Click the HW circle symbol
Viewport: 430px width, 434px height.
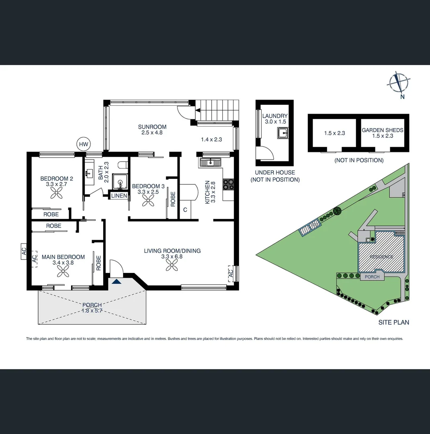point(83,144)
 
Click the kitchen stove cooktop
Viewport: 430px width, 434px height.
point(228,184)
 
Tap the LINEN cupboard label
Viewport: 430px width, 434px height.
point(119,196)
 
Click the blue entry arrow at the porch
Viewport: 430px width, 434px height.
point(117,281)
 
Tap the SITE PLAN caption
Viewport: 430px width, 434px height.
point(394,322)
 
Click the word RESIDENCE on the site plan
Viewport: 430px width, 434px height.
point(381,257)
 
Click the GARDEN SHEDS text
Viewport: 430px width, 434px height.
point(383,130)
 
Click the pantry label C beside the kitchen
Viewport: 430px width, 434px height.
point(185,210)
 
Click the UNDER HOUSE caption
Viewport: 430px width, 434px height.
point(275,172)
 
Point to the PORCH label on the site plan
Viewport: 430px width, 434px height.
point(372,277)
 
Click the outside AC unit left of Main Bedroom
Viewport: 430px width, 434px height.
point(24,252)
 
